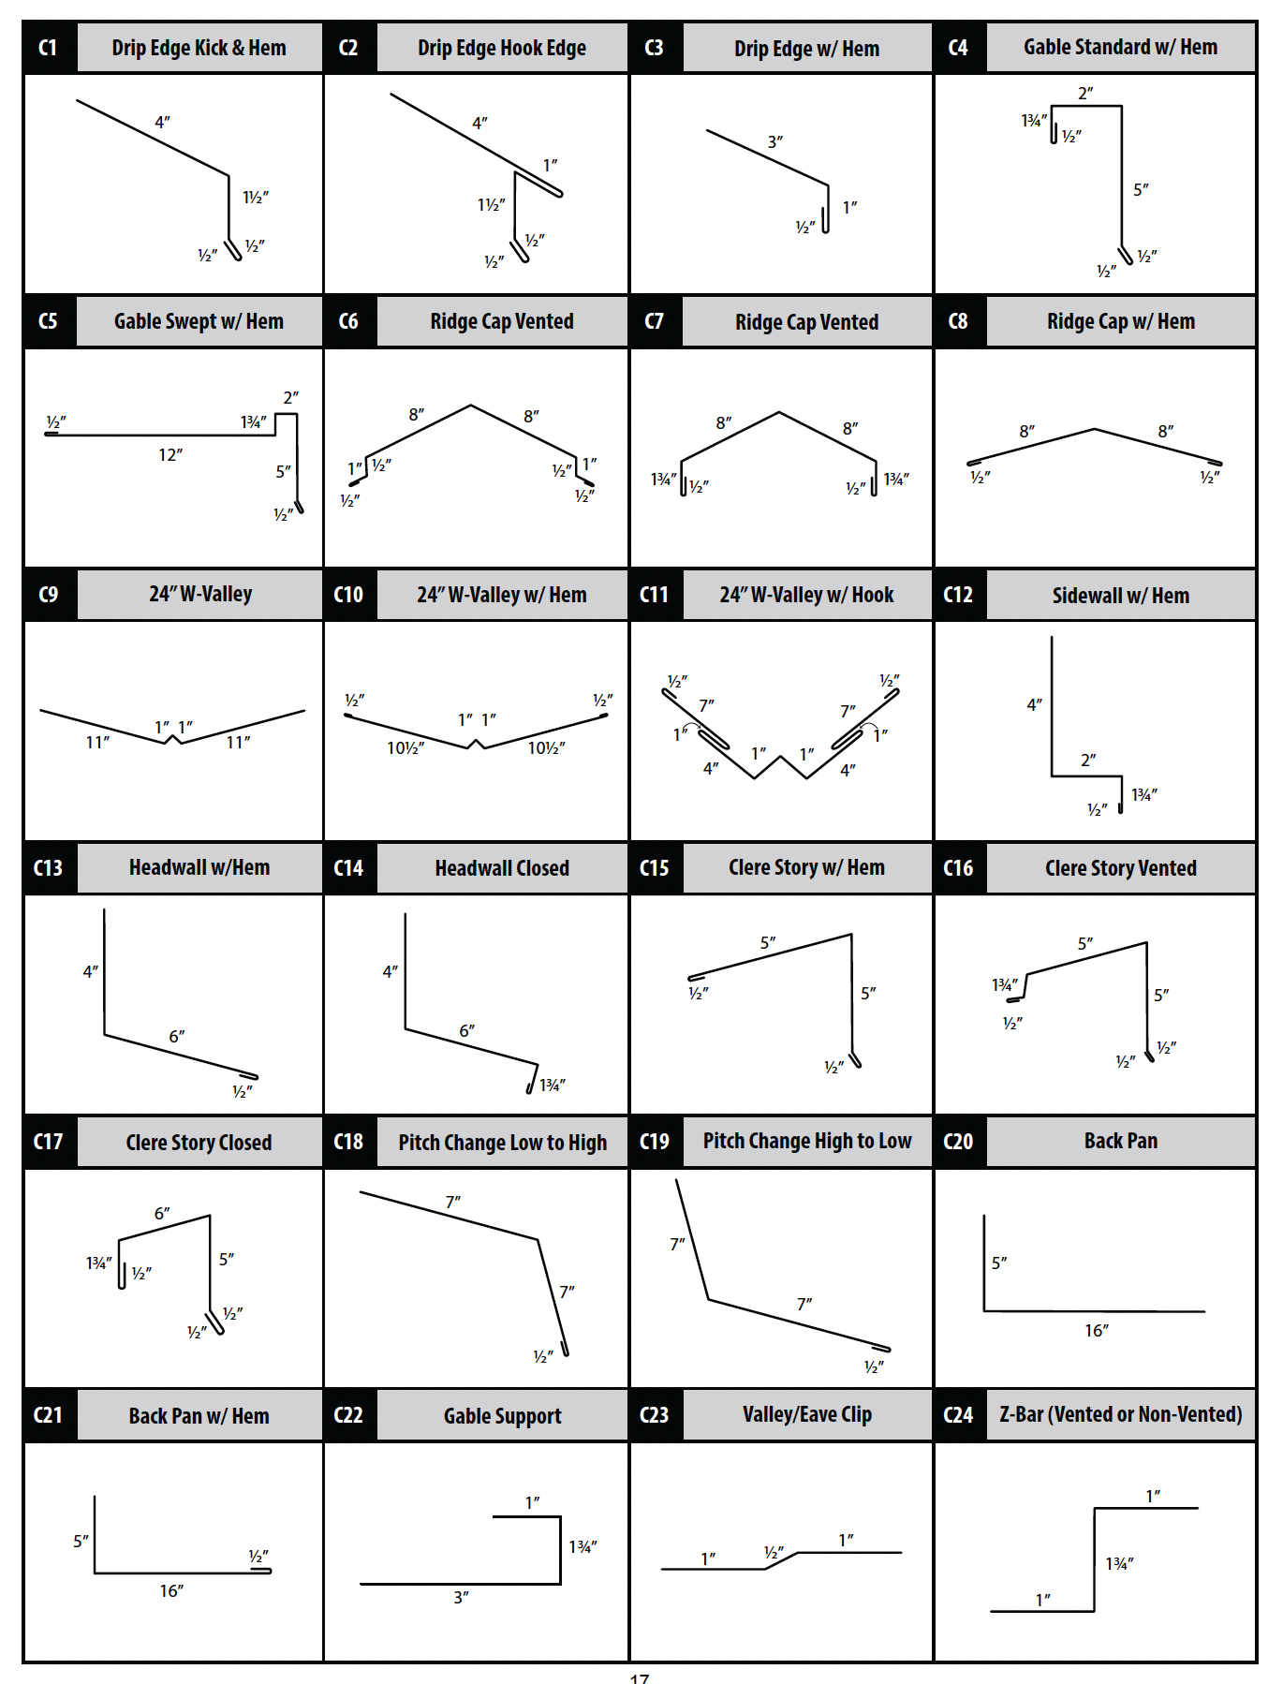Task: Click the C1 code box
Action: click(x=49, y=48)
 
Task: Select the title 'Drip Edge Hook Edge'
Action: click(x=502, y=48)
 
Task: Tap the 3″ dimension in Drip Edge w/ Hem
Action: click(x=775, y=142)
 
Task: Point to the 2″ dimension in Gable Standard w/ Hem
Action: click(x=1085, y=94)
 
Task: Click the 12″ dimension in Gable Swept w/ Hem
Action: click(x=170, y=455)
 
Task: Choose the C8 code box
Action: click(x=959, y=321)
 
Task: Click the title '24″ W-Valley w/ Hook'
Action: click(x=806, y=595)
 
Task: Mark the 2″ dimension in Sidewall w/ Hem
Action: click(x=1088, y=760)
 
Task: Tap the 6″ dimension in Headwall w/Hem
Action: click(x=177, y=1037)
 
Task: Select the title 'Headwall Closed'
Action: click(x=502, y=868)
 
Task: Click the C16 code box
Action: click(x=959, y=868)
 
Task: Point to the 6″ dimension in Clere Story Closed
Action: click(x=162, y=1214)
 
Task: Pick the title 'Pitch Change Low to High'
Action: click(x=502, y=1143)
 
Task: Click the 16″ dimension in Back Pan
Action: click(x=1097, y=1331)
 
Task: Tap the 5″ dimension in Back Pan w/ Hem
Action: click(x=81, y=1542)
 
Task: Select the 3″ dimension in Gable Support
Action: click(x=462, y=1598)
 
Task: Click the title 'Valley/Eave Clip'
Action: click(x=806, y=1415)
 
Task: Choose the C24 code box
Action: click(x=959, y=1415)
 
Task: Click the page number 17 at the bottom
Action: click(x=640, y=1677)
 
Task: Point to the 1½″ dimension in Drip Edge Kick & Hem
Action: click(x=256, y=198)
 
